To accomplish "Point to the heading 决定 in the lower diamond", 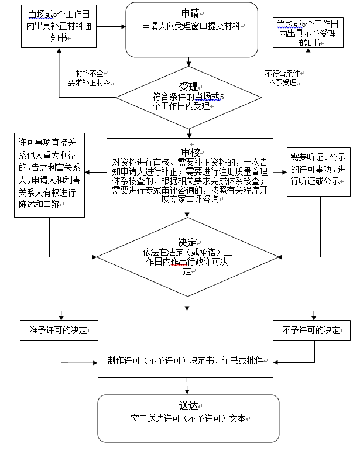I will point(188,242).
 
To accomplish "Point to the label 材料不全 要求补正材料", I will point(88,78).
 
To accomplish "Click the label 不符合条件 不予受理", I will point(283,78).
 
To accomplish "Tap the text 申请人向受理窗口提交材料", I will point(193,26).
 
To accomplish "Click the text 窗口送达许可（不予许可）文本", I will point(190,419).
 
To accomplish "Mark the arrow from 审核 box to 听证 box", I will point(281,172).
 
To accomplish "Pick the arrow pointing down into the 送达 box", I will point(187,386).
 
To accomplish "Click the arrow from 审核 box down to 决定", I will point(188,214).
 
